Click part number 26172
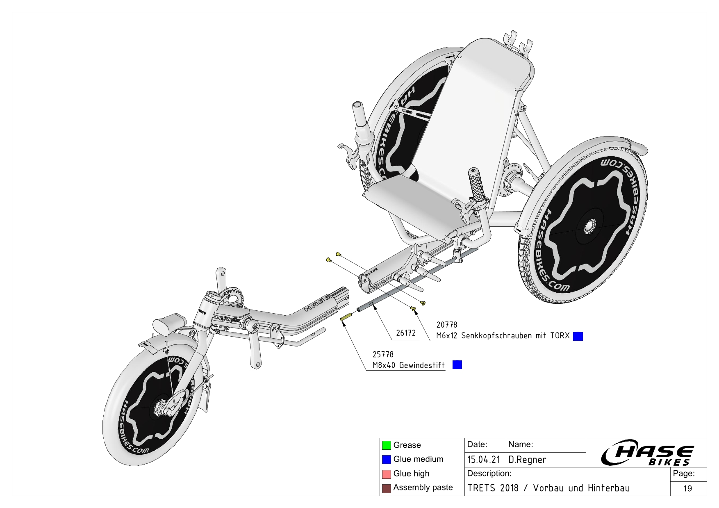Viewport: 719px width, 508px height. tap(405, 333)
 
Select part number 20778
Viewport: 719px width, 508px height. tap(446, 325)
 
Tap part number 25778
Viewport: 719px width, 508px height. tap(382, 354)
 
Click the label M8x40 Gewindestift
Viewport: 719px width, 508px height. tap(408, 365)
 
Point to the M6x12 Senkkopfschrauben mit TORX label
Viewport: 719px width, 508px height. tap(503, 336)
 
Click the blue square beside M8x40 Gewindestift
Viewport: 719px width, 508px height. tap(457, 364)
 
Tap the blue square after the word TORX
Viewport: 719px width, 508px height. tap(578, 336)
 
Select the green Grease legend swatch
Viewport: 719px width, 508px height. tap(386, 445)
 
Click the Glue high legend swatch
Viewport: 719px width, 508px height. tap(386, 474)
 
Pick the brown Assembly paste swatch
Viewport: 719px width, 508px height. tap(386, 488)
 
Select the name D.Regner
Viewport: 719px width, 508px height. tap(527, 460)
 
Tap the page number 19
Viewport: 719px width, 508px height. tap(687, 488)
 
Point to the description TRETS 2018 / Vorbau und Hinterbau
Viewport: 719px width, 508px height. tap(548, 488)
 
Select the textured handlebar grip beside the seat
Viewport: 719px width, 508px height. tap(478, 185)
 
